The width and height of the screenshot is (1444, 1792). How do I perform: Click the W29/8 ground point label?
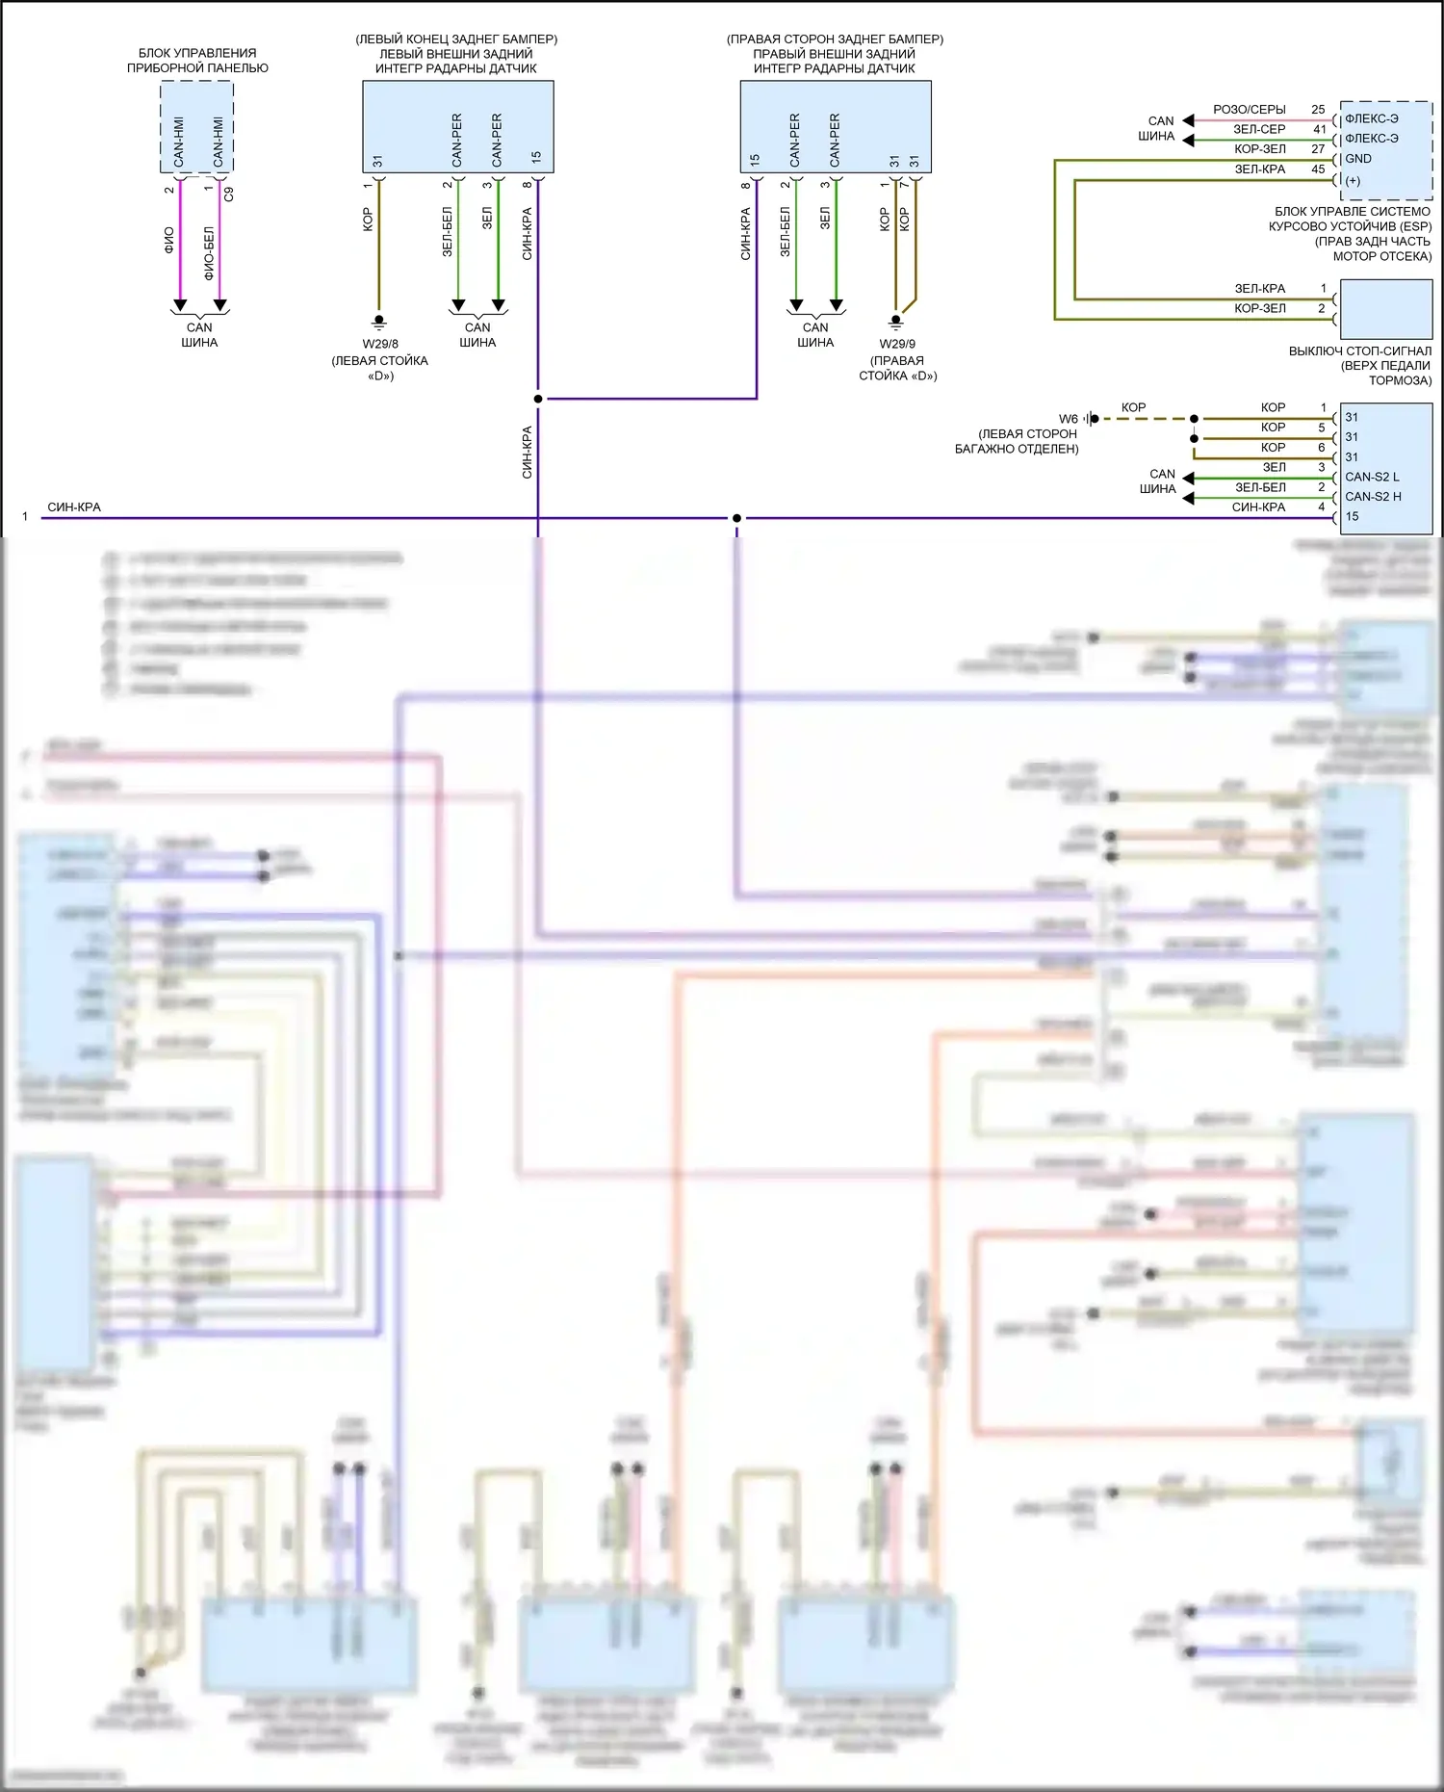pos(380,344)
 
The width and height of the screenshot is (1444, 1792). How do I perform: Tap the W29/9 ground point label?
pos(897,344)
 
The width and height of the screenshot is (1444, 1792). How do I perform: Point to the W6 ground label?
pos(1068,419)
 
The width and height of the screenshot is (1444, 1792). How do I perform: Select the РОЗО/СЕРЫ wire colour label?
pos(1249,110)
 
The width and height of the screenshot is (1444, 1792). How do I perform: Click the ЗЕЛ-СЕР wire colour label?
pos(1259,129)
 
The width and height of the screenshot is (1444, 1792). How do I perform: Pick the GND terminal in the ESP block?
pos(1358,159)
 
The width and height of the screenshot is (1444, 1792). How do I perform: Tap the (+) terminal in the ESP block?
pos(1353,180)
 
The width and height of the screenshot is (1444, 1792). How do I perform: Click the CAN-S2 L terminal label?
pos(1372,477)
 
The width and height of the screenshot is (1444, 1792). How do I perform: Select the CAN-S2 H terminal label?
pos(1373,497)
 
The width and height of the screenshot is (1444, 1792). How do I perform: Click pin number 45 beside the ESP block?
pos(1318,169)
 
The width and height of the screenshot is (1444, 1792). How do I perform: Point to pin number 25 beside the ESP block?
pos(1318,110)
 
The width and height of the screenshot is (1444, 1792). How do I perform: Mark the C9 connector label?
pos(228,194)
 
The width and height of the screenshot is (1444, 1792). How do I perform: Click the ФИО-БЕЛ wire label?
pos(209,253)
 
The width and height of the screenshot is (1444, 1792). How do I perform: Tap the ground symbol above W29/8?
pos(379,322)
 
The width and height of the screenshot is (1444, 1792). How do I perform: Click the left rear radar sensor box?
pos(457,126)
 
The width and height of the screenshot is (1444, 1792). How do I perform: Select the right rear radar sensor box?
pos(835,126)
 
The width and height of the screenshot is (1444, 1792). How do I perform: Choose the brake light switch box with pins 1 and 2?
pos(1385,308)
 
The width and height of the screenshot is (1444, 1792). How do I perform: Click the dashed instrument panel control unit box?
pos(196,127)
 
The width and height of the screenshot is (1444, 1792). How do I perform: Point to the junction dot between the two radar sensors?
pos(538,399)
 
